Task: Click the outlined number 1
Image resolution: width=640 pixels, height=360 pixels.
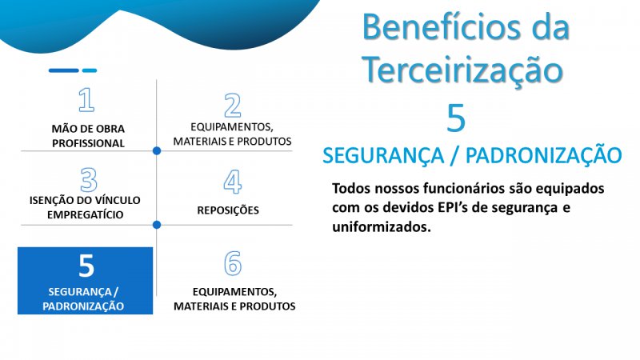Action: click(87, 99)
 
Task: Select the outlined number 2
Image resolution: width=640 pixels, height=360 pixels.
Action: click(233, 106)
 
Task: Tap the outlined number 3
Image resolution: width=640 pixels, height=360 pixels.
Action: click(89, 179)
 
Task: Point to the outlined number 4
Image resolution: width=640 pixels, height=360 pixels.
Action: click(233, 182)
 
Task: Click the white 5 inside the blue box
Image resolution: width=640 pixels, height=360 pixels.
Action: click(86, 266)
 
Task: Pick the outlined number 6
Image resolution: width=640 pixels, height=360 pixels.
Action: click(233, 263)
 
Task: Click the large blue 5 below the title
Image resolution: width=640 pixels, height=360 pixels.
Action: click(456, 118)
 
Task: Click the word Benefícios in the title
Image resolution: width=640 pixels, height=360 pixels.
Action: click(442, 27)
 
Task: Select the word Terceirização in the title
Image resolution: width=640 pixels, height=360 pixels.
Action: click(462, 70)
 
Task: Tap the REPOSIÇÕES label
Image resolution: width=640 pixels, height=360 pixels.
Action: click(228, 210)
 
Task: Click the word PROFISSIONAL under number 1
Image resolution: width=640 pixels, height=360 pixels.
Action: click(88, 143)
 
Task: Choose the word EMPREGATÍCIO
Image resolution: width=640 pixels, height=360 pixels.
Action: click(86, 214)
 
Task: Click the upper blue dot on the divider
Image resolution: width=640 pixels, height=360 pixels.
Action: click(157, 151)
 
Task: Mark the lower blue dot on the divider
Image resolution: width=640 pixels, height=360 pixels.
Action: click(157, 225)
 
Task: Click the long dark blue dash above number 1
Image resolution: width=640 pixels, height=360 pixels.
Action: click(64, 70)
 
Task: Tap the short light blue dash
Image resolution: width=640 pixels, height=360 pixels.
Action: click(90, 70)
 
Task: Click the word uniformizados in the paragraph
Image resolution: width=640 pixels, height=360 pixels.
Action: click(382, 226)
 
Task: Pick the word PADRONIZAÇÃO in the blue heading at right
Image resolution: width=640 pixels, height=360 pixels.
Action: click(544, 155)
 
